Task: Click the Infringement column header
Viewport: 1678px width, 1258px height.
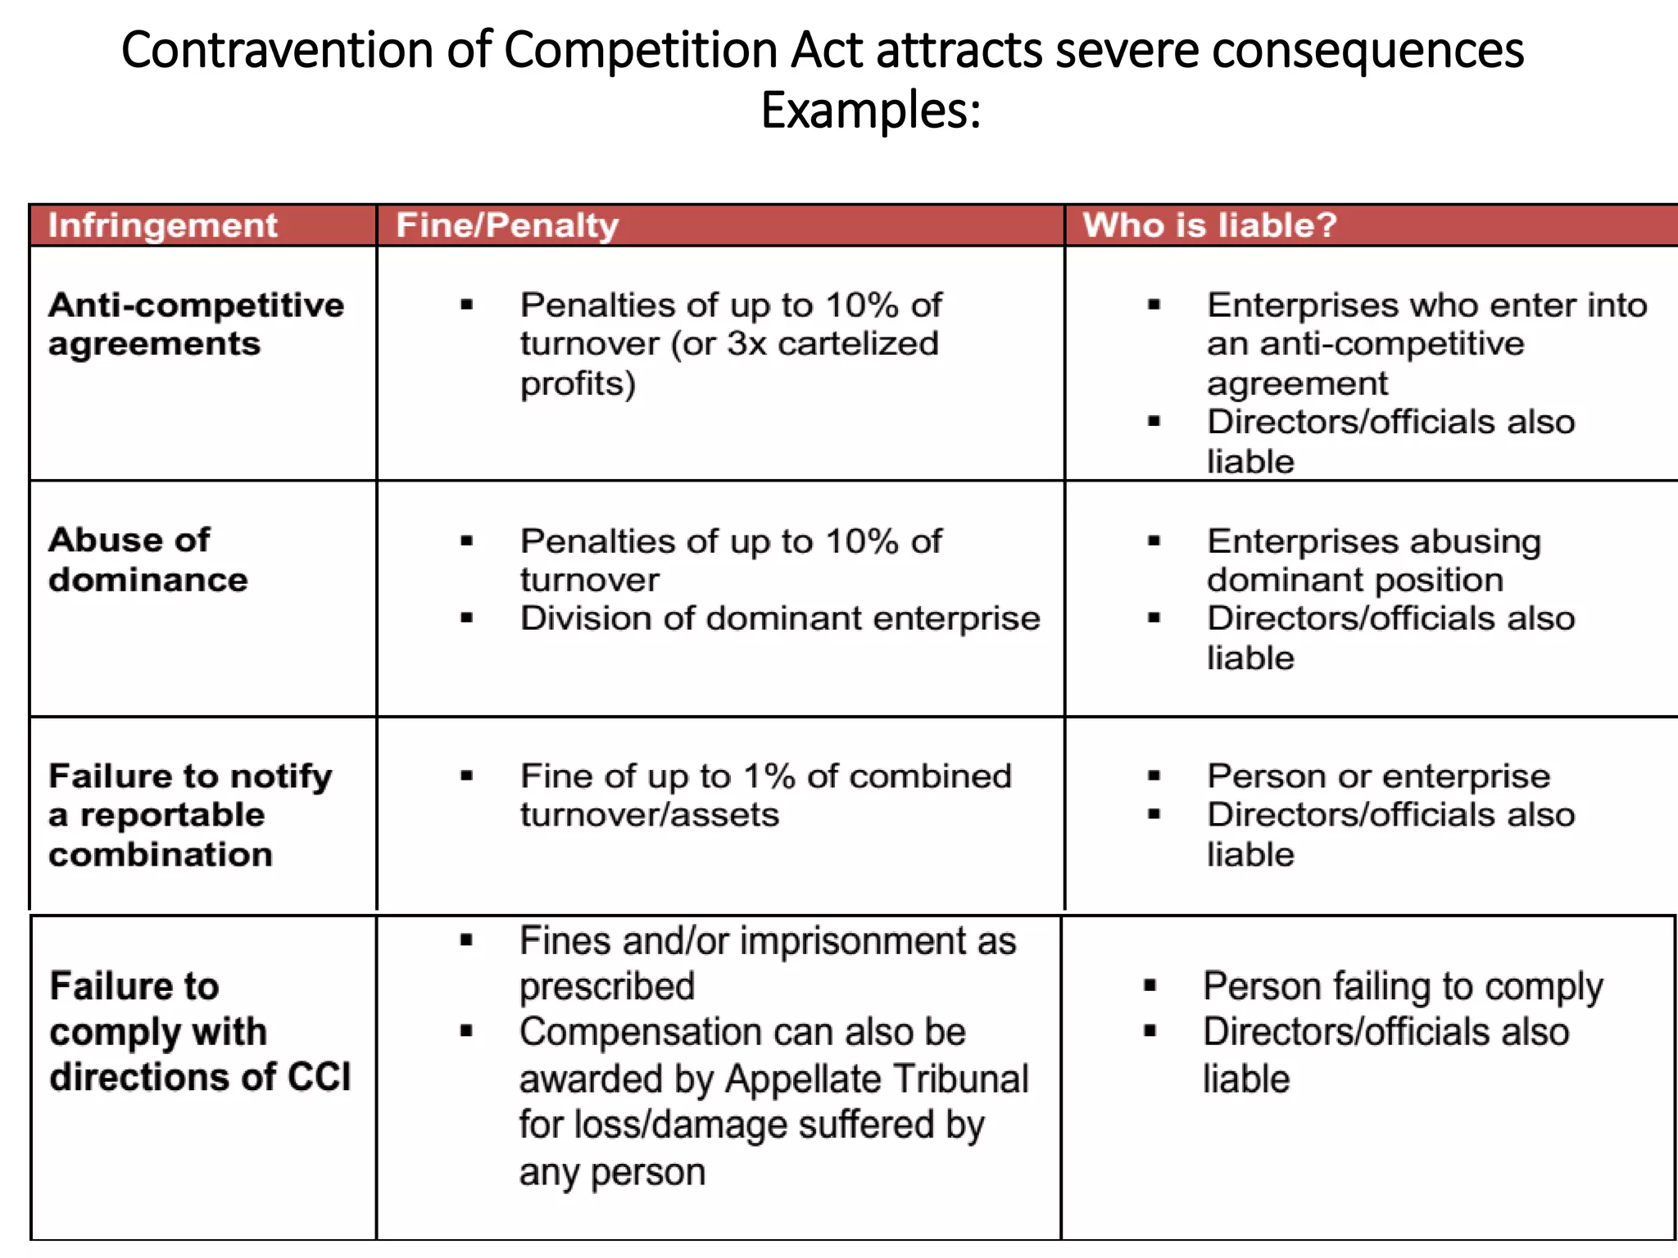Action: tap(162, 225)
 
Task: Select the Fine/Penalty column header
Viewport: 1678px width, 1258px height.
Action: tap(507, 225)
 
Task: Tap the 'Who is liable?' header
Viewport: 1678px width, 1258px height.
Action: tap(1209, 225)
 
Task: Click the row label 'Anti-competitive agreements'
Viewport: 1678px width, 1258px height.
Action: tap(196, 324)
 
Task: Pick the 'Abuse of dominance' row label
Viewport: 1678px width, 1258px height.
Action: tap(147, 559)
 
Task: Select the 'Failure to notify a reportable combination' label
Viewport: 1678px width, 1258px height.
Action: tap(190, 815)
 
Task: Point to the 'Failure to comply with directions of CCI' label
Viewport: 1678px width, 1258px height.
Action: tap(200, 1031)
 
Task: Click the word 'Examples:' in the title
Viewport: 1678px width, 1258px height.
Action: tap(871, 111)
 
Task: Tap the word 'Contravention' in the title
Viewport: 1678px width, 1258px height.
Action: tap(277, 50)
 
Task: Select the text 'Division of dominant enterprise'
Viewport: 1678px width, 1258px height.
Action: tap(780, 618)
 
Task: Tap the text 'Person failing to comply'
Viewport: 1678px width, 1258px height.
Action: tap(1403, 986)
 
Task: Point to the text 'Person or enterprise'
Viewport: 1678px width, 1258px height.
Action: tap(1378, 776)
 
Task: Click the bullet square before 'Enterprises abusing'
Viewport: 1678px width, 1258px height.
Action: tap(1154, 541)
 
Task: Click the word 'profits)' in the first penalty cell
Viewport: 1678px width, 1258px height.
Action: tap(578, 383)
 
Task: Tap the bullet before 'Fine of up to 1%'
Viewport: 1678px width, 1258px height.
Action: tap(467, 776)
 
